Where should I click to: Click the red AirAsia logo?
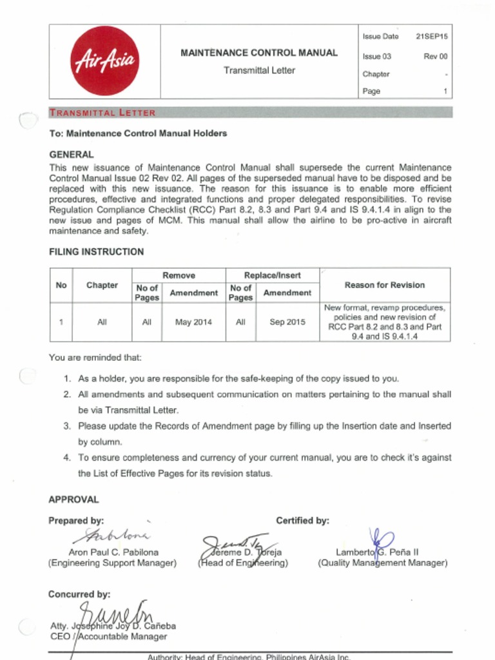click(104, 61)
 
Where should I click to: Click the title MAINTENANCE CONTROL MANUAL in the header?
click(258, 53)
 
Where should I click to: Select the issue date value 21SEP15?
click(431, 37)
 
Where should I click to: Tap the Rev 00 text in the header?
click(435, 57)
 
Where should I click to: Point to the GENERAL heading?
click(72, 155)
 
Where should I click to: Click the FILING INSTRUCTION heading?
click(97, 252)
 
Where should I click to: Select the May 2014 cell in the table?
click(193, 322)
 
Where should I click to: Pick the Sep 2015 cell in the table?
click(287, 322)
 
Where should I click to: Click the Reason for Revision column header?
click(385, 285)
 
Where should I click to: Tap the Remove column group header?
click(179, 275)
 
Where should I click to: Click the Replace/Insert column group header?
click(272, 275)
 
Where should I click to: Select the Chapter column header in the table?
click(102, 285)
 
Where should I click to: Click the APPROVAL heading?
click(74, 500)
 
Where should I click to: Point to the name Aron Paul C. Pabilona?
click(113, 552)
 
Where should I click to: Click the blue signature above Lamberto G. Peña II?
click(382, 539)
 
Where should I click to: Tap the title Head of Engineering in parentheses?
click(243, 563)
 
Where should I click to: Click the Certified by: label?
click(302, 520)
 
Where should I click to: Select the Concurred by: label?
click(79, 594)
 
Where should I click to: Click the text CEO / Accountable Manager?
click(108, 636)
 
